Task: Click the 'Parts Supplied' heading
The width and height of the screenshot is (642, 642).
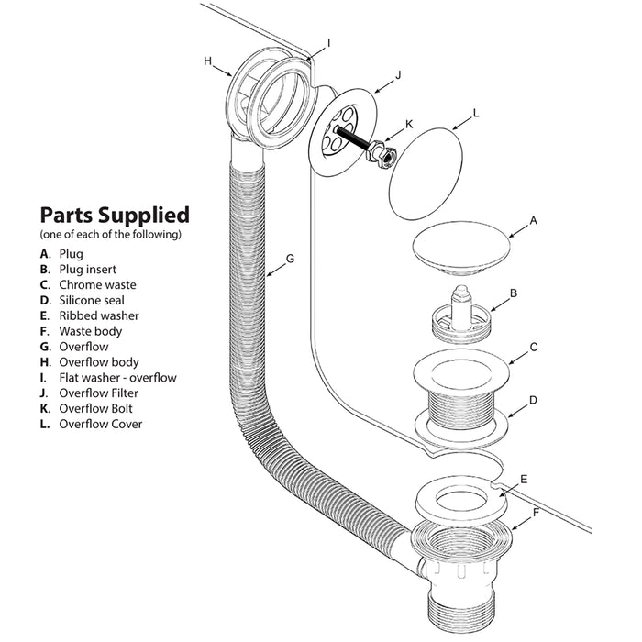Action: (115, 216)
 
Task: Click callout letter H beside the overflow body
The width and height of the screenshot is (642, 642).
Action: (208, 61)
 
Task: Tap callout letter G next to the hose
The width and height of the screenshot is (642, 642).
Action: (290, 259)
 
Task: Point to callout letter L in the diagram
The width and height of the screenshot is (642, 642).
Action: (475, 116)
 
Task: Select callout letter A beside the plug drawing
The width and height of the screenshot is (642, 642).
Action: (534, 221)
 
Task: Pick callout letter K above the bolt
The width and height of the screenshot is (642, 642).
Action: (408, 124)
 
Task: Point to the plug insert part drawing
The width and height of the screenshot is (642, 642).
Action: (458, 313)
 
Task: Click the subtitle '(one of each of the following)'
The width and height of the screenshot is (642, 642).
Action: (110, 235)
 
